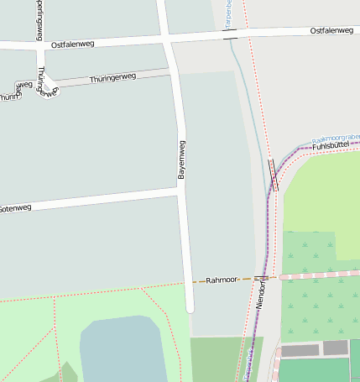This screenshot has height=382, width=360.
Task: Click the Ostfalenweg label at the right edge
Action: pos(331,31)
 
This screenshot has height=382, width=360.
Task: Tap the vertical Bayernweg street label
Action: pos(180,159)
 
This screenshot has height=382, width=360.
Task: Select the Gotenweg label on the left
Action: pos(15,207)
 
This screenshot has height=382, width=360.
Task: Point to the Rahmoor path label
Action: pos(222,280)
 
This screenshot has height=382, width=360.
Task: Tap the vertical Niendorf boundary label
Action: pos(261,298)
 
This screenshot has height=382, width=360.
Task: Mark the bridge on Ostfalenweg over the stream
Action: pos(230,34)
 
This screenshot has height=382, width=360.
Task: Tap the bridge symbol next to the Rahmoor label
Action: pos(260,278)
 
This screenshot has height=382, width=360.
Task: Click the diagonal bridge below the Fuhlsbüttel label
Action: pos(274,174)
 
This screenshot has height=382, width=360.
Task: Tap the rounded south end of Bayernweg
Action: pos(190,307)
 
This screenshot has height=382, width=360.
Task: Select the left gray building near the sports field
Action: pos(300,351)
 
